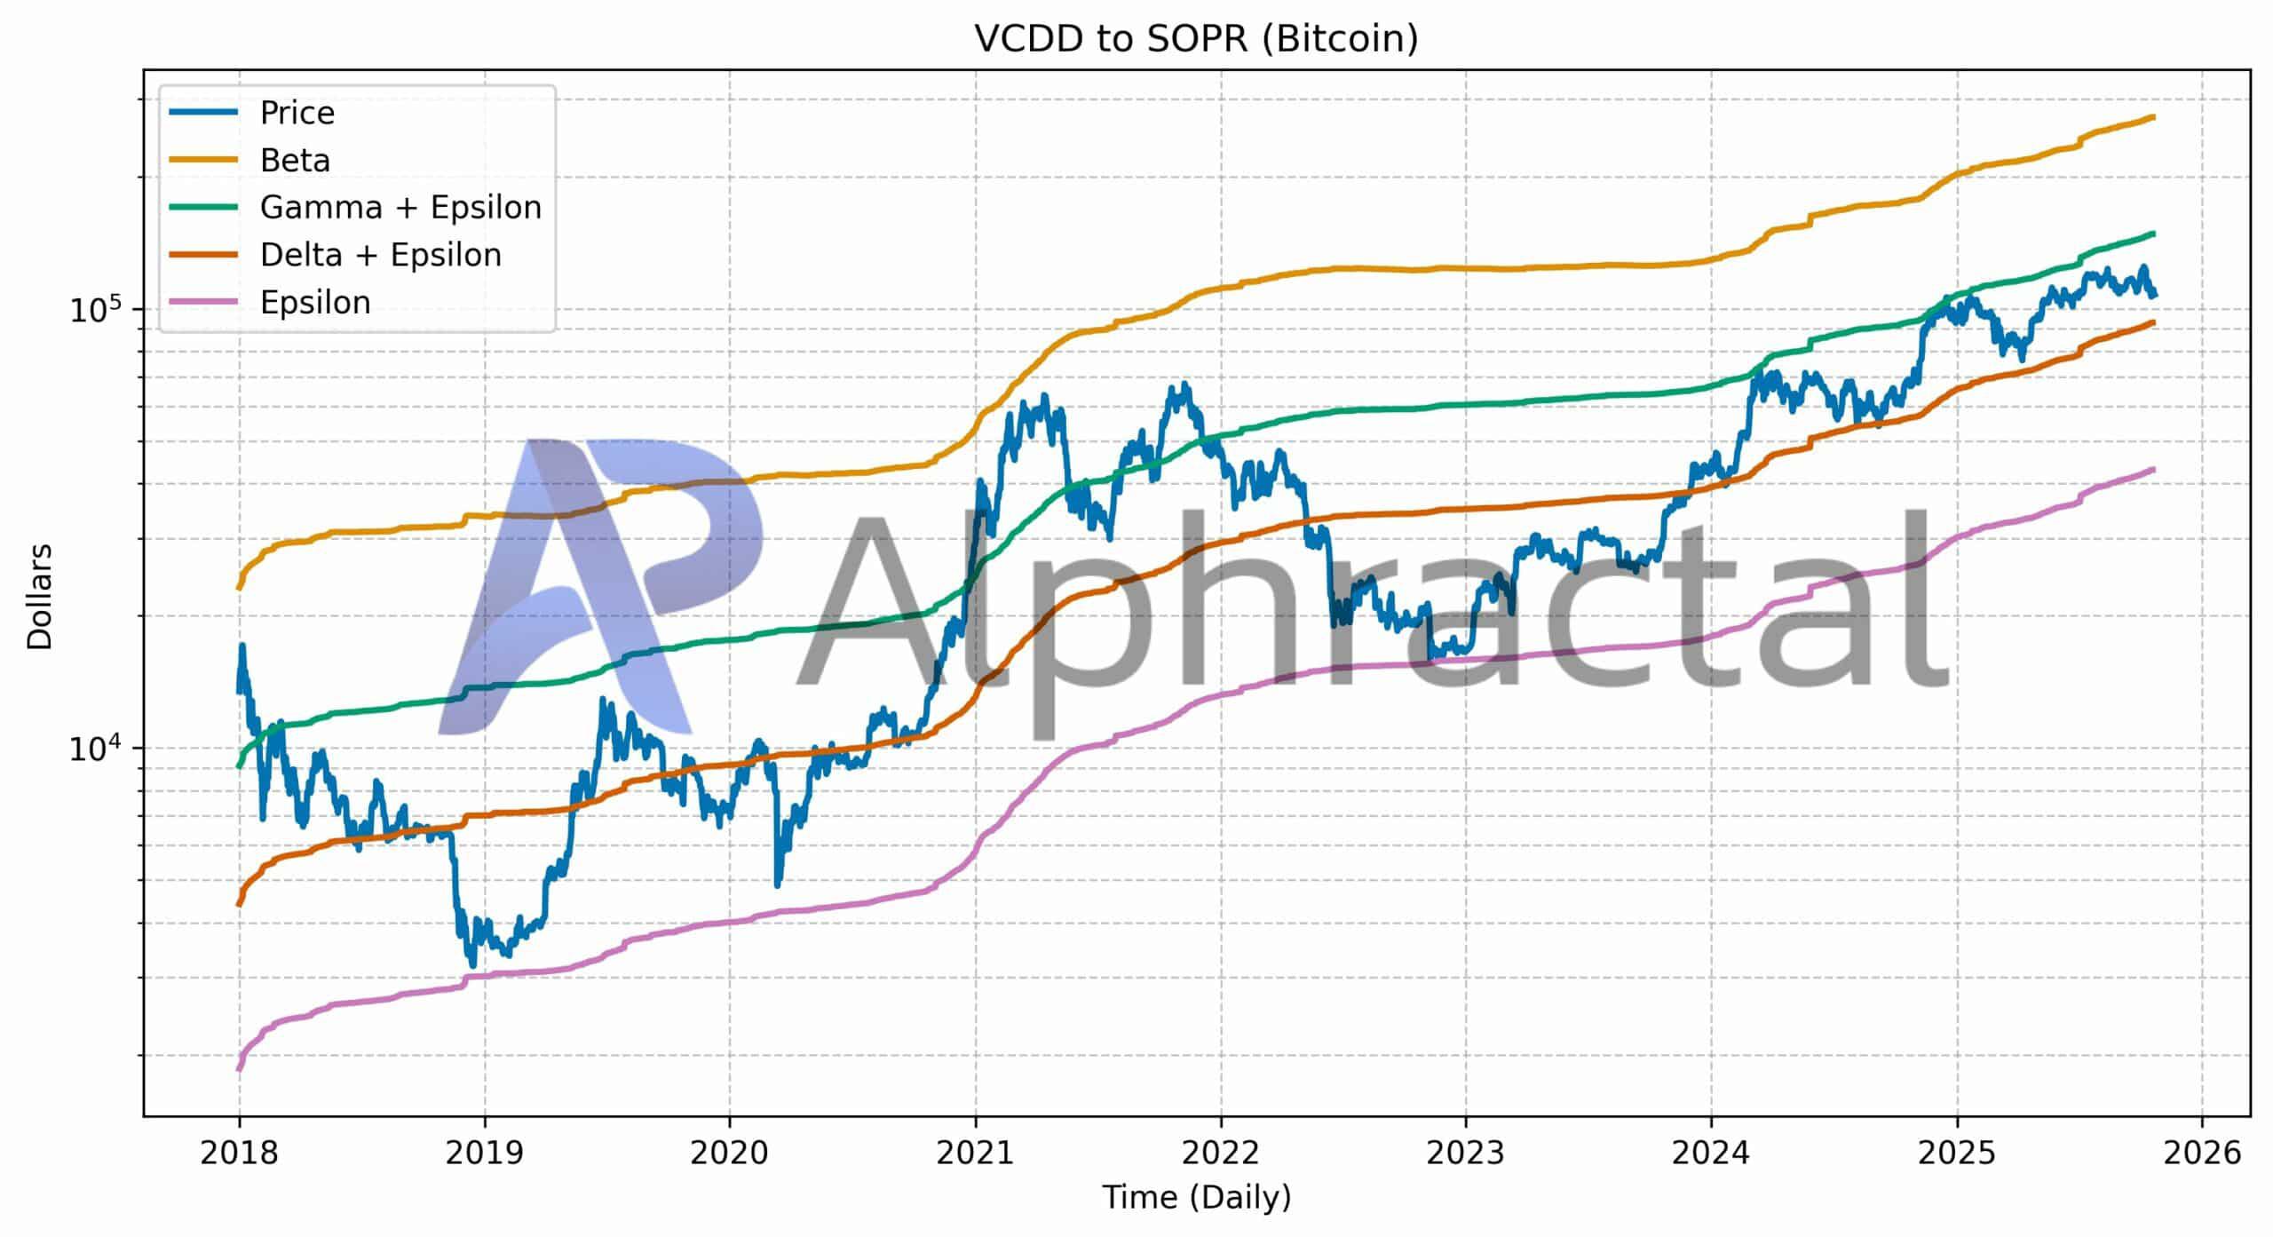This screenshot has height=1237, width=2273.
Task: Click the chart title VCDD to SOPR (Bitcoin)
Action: [x=1196, y=39]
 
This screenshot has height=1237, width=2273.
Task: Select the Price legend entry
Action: [x=297, y=113]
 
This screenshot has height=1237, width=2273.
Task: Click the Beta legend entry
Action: [x=295, y=161]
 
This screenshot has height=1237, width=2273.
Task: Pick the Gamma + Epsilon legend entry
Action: [x=400, y=208]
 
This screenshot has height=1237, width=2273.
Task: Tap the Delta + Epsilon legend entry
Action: [x=380, y=255]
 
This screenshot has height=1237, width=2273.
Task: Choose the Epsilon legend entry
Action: [x=315, y=303]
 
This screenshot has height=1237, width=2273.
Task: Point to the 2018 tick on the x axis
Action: [x=239, y=1154]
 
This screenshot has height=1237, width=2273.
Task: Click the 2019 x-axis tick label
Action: [x=484, y=1154]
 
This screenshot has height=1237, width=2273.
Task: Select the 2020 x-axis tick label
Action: [x=729, y=1154]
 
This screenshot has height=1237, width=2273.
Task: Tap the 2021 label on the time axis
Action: [x=975, y=1154]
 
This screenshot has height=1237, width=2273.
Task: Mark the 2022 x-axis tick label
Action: [x=1221, y=1154]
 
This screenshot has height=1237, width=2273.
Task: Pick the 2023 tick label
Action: [x=1466, y=1154]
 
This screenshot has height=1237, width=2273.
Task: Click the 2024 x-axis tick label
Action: [x=1711, y=1154]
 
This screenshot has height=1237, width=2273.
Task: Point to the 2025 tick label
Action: [x=1957, y=1154]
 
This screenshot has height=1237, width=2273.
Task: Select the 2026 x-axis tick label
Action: [x=2202, y=1154]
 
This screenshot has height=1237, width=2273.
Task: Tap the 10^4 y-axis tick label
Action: [x=100, y=748]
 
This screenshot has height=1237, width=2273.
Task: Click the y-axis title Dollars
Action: [x=40, y=597]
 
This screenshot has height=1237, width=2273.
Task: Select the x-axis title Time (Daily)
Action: [x=1196, y=1198]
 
